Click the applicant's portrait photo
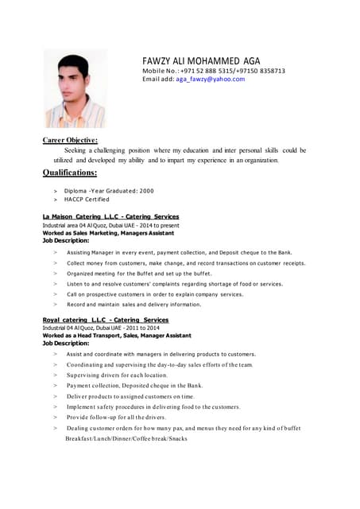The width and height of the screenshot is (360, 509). tap(75, 89)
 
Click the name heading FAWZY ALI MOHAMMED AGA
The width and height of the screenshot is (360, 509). tap(200, 61)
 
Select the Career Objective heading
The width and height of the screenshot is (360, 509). tap(70, 140)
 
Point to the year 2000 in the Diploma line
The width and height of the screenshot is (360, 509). tap(146, 191)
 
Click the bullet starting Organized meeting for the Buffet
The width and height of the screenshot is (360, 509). tap(139, 273)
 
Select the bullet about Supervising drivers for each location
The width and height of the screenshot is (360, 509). tap(117, 375)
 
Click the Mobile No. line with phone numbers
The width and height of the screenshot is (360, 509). tap(213, 71)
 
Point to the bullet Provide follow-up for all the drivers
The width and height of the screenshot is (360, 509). tap(116, 417)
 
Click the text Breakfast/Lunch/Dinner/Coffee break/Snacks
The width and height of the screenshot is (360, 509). tap(126, 438)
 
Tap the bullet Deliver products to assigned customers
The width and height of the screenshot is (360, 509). tap(130, 396)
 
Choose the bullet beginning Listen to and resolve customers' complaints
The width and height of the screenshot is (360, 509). tap(175, 283)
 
